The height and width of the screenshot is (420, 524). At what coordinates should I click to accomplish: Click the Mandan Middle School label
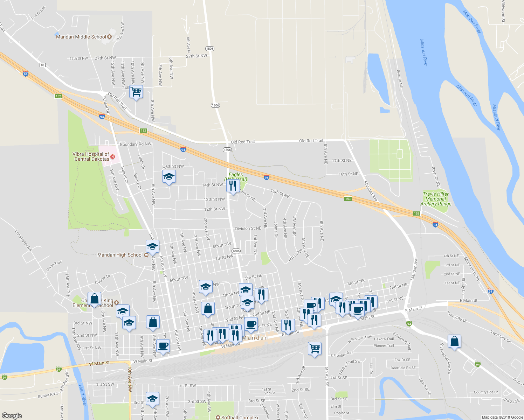click(x=81, y=37)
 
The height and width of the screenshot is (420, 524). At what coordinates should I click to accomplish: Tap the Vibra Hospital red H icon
click(x=113, y=156)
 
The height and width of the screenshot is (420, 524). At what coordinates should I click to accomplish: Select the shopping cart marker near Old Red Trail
click(x=136, y=92)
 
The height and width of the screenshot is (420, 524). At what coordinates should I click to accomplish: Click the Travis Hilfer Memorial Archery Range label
click(x=436, y=199)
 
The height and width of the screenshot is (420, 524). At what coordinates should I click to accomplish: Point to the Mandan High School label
click(x=120, y=255)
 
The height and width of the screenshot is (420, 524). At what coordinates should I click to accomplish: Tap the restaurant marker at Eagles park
click(x=233, y=186)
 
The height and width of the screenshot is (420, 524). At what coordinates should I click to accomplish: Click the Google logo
click(x=12, y=415)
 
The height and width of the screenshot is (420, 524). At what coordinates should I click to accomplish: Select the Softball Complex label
click(x=240, y=418)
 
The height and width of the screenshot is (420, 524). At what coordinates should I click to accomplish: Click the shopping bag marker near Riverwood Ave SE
click(x=454, y=342)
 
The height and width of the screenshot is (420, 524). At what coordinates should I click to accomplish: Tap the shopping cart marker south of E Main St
click(x=315, y=349)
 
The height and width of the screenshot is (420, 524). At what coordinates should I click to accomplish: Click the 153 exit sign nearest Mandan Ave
click(x=347, y=199)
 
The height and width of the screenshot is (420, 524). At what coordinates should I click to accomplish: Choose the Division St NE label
click(x=248, y=229)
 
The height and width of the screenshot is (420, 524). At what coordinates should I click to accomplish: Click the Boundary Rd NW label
click(x=136, y=144)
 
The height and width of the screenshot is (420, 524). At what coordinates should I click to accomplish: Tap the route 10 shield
click(x=42, y=65)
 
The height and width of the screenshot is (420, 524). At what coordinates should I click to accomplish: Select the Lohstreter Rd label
click(x=23, y=240)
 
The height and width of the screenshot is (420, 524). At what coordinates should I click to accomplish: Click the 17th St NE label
click(x=342, y=161)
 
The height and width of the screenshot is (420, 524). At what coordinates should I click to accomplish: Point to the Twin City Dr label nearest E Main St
click(x=457, y=317)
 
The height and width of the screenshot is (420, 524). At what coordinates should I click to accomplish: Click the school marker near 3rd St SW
click(x=152, y=399)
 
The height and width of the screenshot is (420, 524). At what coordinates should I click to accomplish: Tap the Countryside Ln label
click(x=486, y=392)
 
